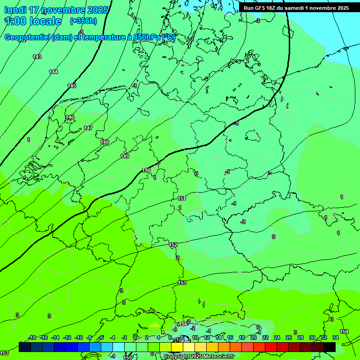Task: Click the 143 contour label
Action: coord(37,57)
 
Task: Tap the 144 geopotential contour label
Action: coord(53,72)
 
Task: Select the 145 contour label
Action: coord(72,86)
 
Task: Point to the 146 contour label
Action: coord(70,117)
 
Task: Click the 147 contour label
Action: coord(88,128)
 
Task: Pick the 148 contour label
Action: coord(105,142)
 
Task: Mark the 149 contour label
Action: coord(124,156)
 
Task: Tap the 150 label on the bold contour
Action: coord(146,170)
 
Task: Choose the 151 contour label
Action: coord(182,198)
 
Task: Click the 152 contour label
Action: coord(173,245)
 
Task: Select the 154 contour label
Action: coord(344,331)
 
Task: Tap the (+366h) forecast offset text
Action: coord(83,21)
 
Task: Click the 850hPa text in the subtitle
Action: coord(146,37)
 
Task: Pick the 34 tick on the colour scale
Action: coord(335,337)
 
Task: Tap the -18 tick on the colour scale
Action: coord(32,337)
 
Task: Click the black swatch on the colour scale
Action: coord(330,347)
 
